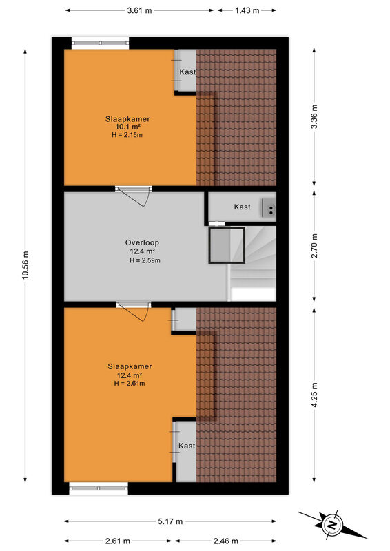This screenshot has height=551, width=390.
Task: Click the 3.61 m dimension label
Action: [139, 10]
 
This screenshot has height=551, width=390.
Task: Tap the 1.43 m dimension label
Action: [247, 10]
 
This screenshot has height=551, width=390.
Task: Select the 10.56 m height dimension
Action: [25, 265]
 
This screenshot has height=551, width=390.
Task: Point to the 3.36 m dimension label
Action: [314, 116]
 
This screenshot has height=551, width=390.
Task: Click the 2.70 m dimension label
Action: [314, 246]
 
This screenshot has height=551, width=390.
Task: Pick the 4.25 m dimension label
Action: [314, 395]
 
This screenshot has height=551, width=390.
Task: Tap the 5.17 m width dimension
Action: [170, 521]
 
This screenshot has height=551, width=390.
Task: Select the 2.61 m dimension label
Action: [117, 541]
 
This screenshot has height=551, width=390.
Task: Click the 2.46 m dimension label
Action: [225, 541]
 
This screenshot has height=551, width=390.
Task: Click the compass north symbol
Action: [332, 525]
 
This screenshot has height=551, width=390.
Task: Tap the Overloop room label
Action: [142, 242]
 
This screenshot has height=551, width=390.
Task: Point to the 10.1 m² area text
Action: [128, 127]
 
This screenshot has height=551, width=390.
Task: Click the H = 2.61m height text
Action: [130, 384]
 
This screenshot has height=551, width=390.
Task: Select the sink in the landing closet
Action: [269, 207]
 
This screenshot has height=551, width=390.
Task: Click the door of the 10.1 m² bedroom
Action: [134, 196]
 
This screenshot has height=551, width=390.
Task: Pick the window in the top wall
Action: [100, 43]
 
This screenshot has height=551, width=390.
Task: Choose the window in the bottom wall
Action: [99, 488]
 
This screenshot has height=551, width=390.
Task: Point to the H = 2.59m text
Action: [145, 260]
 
